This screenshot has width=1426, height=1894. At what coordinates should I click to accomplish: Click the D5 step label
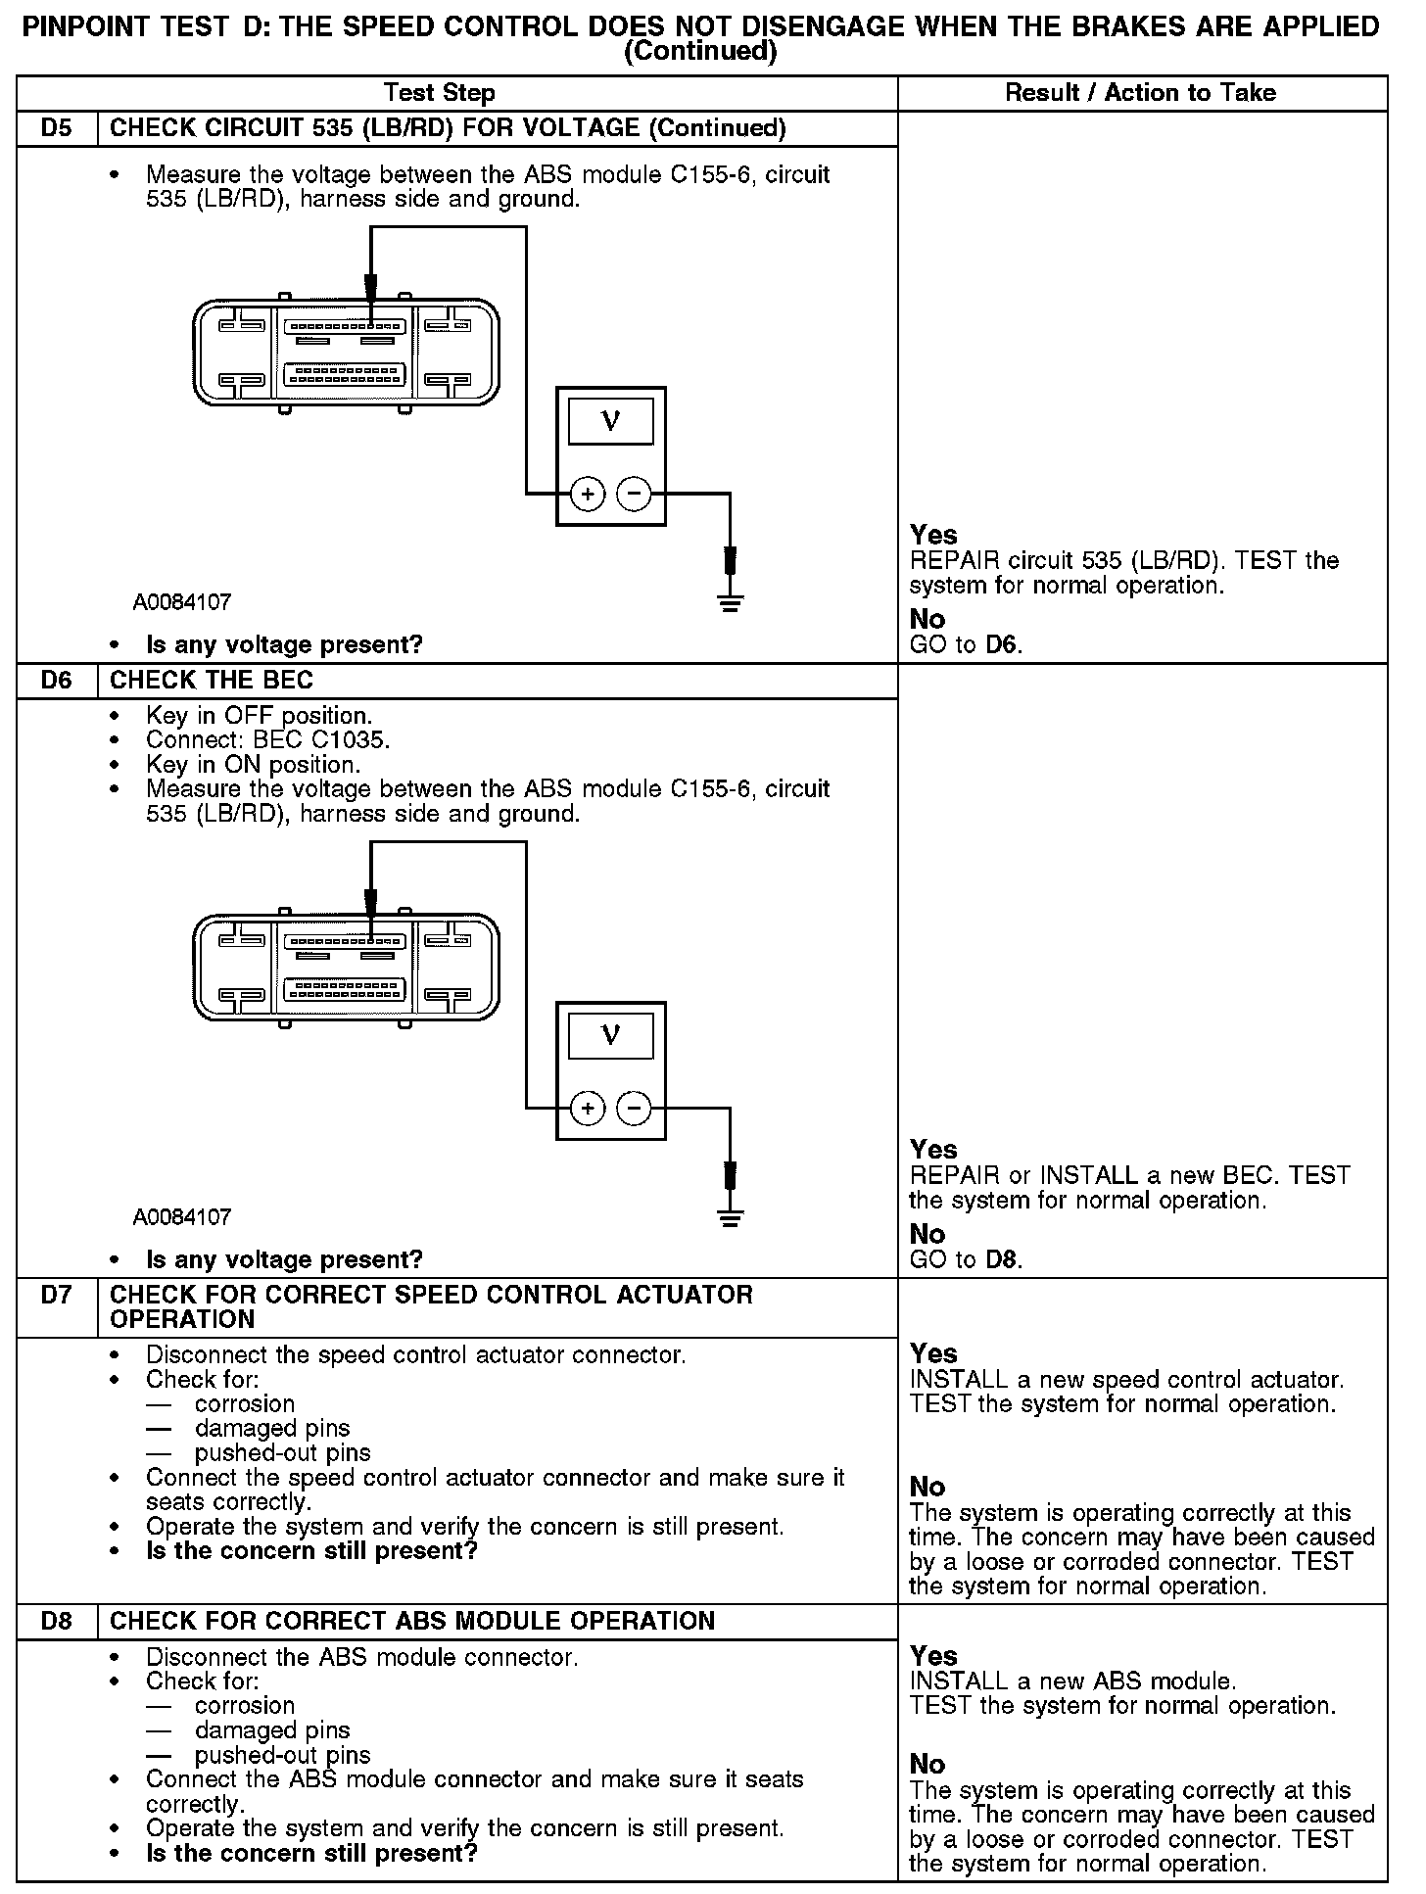coord(57,128)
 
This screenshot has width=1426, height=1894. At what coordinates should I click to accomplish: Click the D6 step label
coord(57,681)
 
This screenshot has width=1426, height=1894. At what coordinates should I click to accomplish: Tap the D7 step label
coord(57,1295)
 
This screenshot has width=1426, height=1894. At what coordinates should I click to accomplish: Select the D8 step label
coord(57,1621)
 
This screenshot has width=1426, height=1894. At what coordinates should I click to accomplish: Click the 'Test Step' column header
coord(440,93)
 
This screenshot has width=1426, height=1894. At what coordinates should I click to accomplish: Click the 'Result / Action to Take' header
coord(1141,93)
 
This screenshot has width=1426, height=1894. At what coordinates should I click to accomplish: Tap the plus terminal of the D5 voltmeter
coord(588,495)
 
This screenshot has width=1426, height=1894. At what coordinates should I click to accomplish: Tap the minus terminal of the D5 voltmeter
coord(635,495)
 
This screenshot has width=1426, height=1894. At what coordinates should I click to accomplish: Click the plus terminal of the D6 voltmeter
coord(588,1109)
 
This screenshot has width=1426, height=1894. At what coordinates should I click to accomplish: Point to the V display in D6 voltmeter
coord(611,1035)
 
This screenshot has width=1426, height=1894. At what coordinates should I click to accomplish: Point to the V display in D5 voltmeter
coord(611,421)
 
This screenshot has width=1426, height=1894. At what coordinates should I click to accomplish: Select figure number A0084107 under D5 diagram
coord(183,602)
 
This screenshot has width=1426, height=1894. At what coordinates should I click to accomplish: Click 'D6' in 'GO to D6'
coord(1003,645)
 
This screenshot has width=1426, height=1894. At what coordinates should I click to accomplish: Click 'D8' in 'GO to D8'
coord(1003,1259)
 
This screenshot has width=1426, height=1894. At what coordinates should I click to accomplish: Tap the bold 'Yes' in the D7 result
coord(933,1353)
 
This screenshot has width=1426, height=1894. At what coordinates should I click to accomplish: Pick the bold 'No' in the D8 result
coord(927,1764)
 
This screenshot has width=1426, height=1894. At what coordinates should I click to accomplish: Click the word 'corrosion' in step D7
coord(245,1404)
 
